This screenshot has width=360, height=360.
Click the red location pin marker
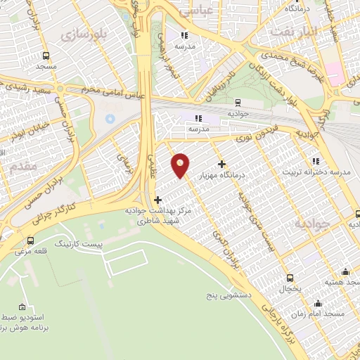(181, 165)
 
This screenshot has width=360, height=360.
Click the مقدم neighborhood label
(24, 167)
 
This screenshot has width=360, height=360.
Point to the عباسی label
(196, 12)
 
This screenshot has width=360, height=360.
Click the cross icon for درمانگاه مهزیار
(221, 163)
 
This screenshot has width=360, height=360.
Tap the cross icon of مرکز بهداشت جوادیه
(157, 200)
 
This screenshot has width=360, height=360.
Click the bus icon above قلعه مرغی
(30, 241)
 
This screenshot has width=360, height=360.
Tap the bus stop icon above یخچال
(290, 278)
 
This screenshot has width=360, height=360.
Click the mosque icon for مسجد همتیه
(345, 272)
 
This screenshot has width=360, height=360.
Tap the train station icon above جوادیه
(238, 103)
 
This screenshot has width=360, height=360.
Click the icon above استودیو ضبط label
(22, 307)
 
